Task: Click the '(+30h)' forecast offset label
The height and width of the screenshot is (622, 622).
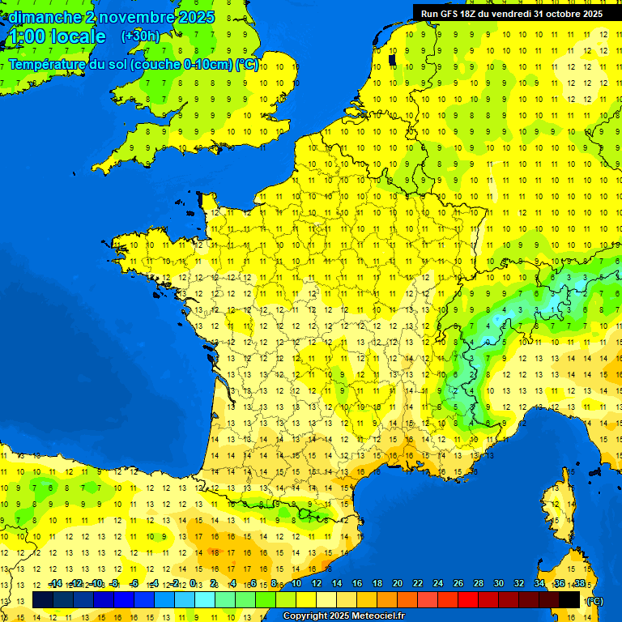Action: point(140,36)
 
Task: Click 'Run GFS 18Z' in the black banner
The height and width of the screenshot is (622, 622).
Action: point(450,14)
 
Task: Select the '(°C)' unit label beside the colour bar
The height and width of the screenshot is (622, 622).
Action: point(594,600)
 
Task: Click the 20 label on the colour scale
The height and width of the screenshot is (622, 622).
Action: point(398,584)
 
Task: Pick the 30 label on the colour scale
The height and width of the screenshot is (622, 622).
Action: point(498,584)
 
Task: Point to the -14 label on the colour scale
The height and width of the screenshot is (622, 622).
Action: point(55,584)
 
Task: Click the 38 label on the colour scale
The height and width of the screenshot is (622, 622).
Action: point(578,584)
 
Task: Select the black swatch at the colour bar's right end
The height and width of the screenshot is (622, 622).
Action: point(569,599)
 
